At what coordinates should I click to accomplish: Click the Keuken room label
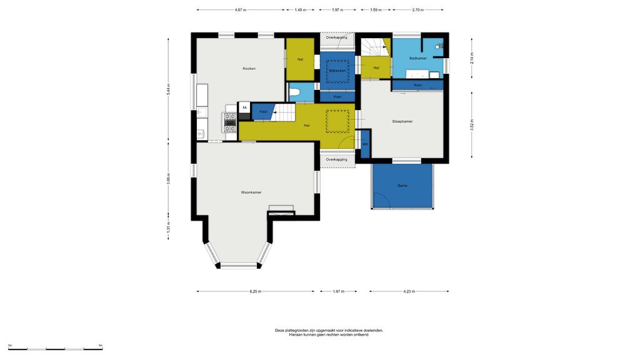249,69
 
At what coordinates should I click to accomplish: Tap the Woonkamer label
251,192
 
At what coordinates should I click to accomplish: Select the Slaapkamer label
402,121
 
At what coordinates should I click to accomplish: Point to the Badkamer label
418,58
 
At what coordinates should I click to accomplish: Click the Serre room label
402,186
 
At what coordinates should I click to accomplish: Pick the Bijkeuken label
337,71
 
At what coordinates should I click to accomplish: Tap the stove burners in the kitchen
230,122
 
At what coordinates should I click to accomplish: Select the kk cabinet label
245,107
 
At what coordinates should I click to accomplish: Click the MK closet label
365,144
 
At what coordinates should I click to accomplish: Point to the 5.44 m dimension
168,89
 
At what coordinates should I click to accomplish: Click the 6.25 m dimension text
256,291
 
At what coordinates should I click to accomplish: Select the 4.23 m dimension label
409,291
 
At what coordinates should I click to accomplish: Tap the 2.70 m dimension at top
418,10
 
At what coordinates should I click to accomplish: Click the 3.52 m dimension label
472,124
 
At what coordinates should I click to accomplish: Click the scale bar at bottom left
56,349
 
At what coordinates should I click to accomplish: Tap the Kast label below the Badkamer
417,85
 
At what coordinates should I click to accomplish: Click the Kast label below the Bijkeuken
337,97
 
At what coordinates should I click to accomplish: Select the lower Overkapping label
337,159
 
